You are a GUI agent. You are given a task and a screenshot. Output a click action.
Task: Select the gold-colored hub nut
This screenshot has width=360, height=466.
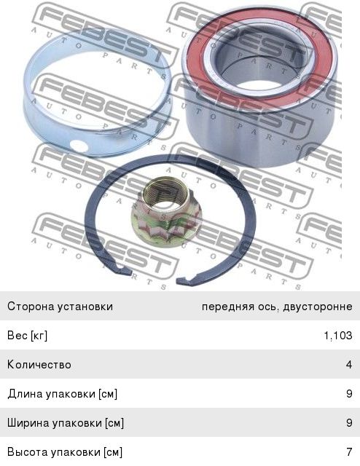point(163,212)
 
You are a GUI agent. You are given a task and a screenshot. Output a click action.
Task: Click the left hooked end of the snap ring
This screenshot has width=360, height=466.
point(125,270)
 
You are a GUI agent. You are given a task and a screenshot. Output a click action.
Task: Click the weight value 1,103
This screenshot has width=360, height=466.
point(338,336)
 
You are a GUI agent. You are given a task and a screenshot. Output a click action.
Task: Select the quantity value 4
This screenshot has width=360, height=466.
point(349,364)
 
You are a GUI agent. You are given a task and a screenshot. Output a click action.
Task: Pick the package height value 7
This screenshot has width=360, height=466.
point(349,451)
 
